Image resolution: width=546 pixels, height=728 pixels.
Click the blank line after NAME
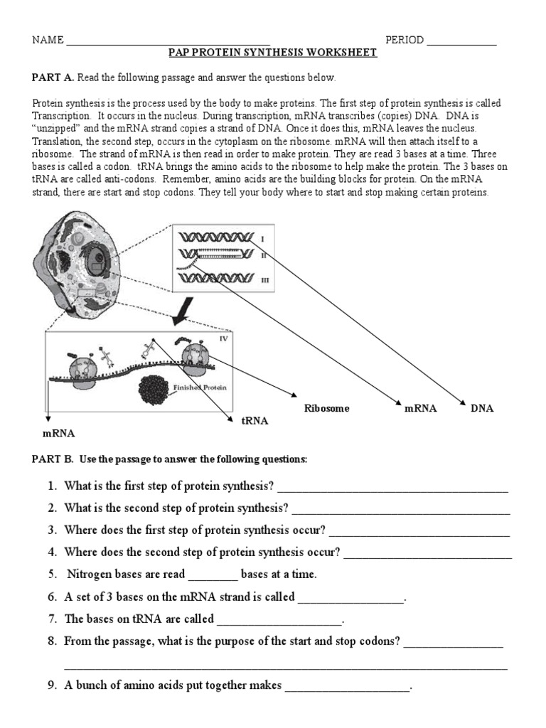(168, 41)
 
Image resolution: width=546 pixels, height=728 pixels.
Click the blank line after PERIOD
(461, 41)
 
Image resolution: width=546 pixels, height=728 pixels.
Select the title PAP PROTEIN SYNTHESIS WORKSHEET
(272, 53)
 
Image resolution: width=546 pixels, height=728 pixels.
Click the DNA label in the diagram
(481, 409)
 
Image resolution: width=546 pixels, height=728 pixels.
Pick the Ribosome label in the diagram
(326, 409)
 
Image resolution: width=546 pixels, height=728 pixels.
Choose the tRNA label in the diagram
(255, 421)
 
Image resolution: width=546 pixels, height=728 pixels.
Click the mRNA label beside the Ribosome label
(420, 409)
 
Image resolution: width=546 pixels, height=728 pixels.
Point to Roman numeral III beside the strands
(265, 281)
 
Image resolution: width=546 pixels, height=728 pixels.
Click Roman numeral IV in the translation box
(223, 339)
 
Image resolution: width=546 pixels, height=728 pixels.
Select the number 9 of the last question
(52, 687)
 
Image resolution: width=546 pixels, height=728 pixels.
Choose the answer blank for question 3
(419, 532)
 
